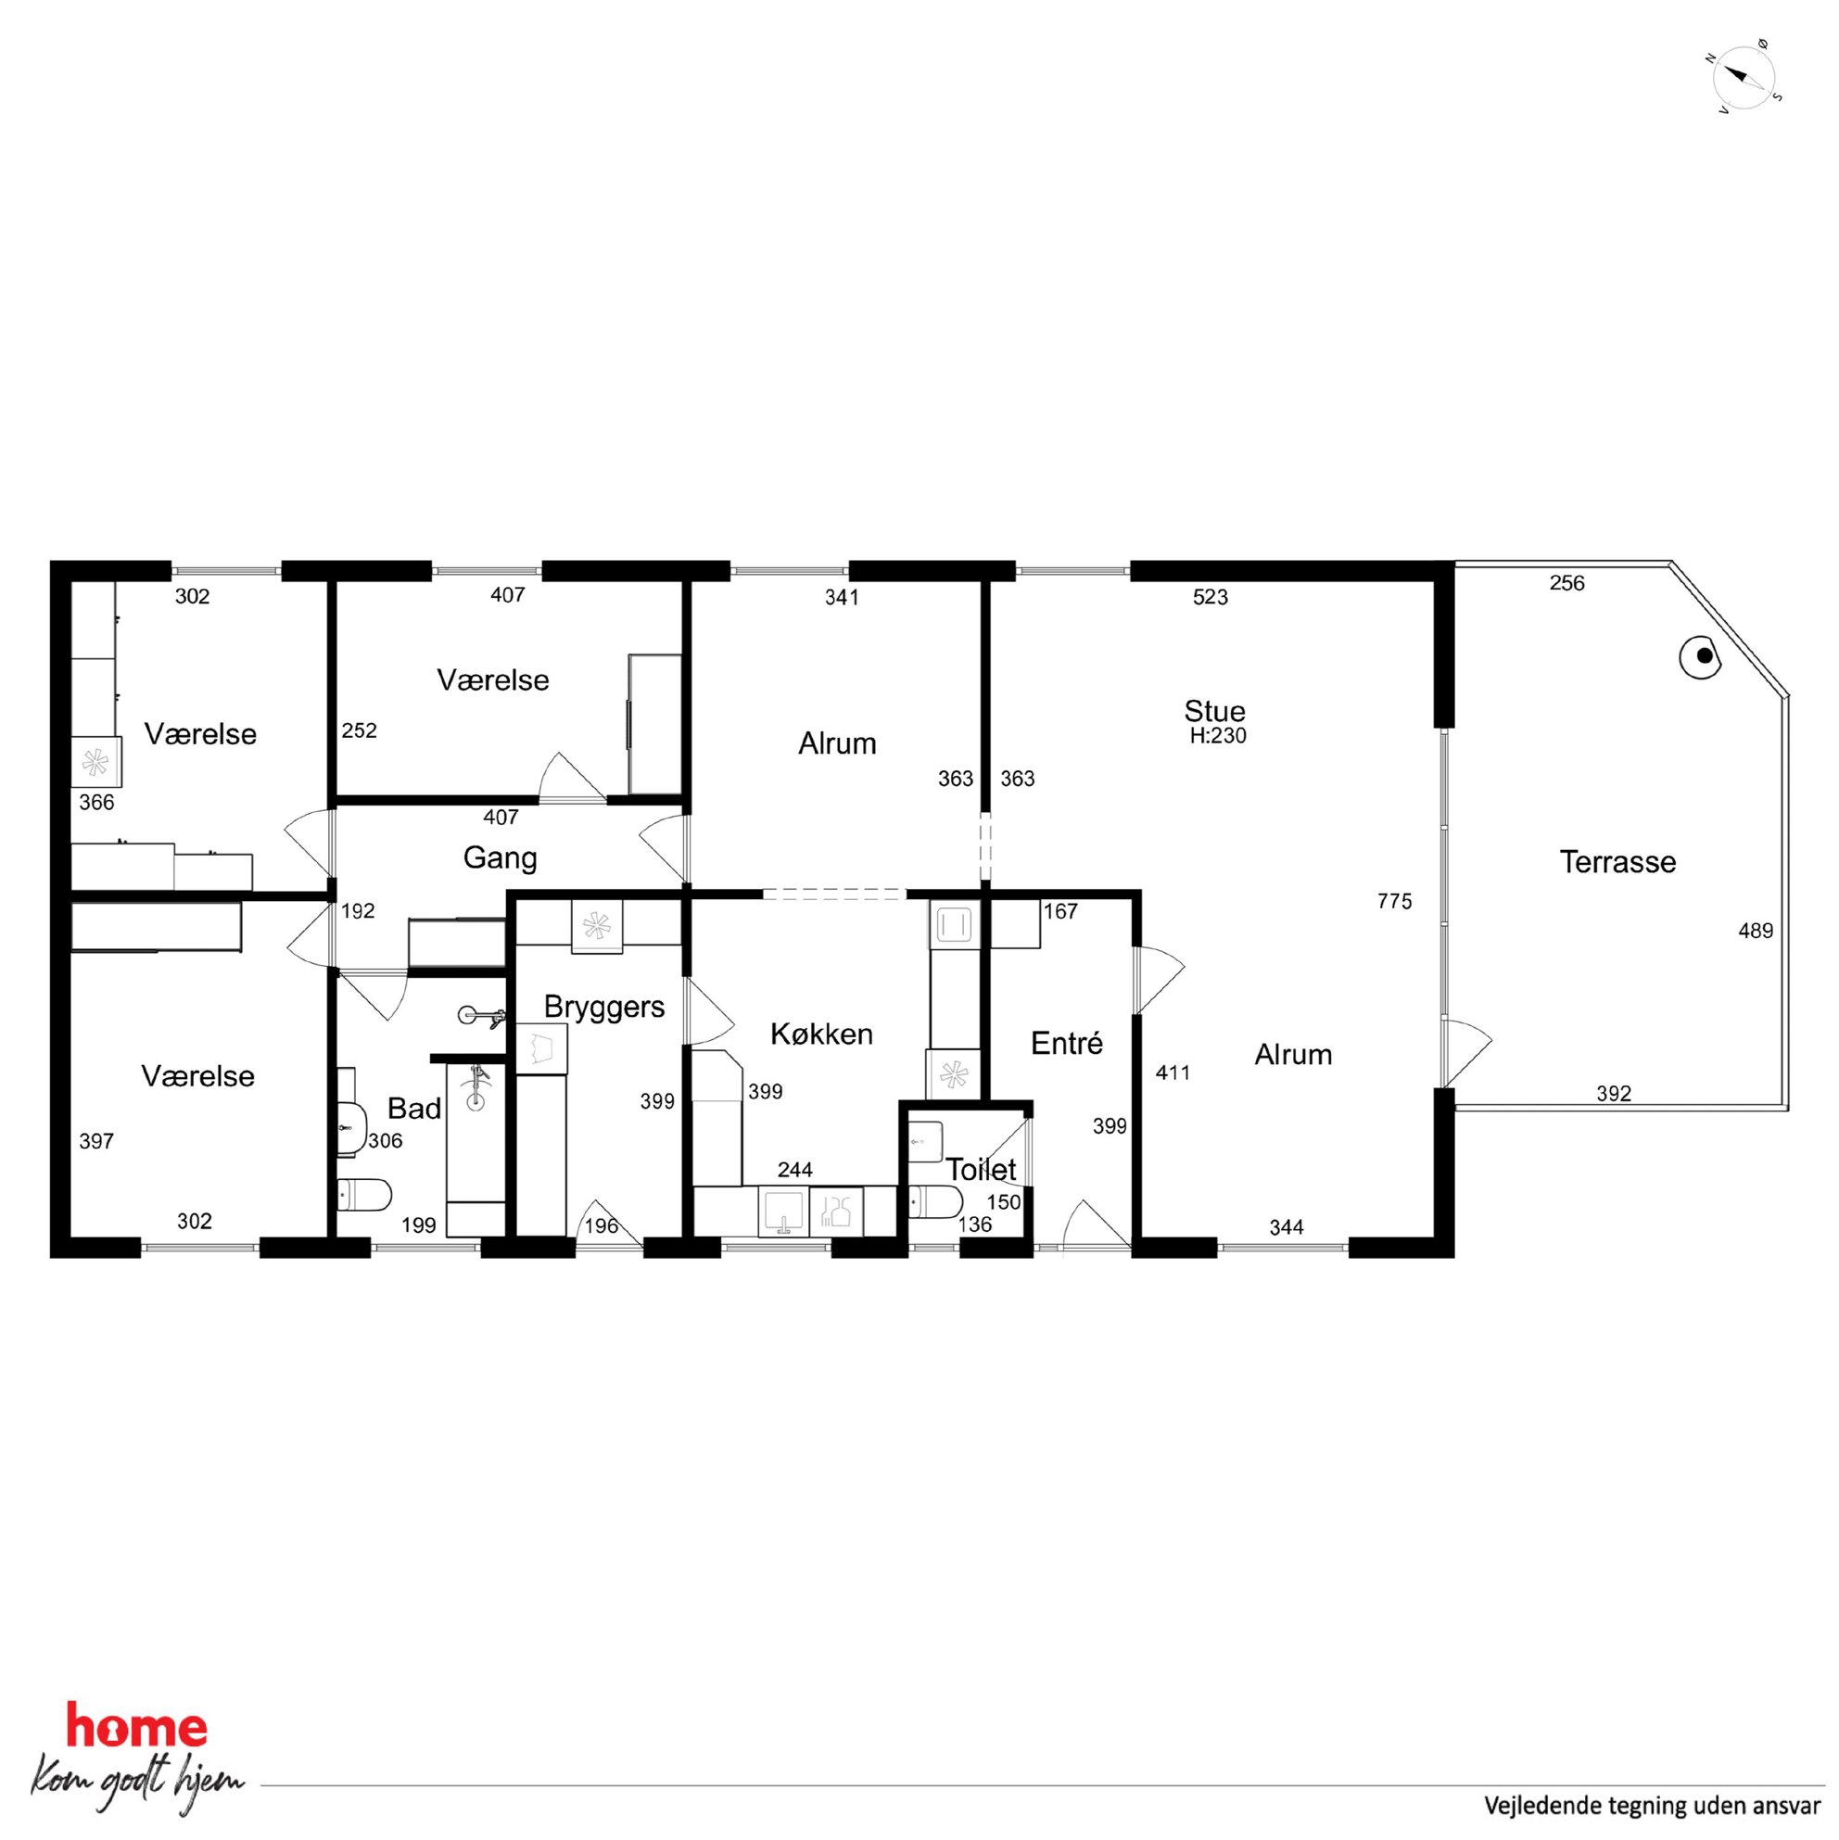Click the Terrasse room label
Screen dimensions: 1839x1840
point(1617,862)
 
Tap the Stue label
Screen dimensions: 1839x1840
point(1214,710)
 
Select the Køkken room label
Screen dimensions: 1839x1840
point(821,1034)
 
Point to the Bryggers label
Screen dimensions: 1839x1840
point(603,1008)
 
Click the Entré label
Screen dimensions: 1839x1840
point(1067,1044)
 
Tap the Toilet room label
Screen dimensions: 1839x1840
point(981,1170)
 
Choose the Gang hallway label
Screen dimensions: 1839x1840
point(500,859)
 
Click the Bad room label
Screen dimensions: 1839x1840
point(414,1109)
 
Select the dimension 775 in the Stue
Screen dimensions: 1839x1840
point(1394,901)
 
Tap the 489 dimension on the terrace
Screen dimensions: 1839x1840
point(1756,931)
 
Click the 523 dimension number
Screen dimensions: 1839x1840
point(1211,597)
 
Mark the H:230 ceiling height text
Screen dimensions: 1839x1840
point(1217,735)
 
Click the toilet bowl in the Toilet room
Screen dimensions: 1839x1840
point(936,1203)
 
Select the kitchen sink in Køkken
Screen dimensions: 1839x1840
point(783,1212)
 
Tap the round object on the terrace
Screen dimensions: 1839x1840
point(1701,657)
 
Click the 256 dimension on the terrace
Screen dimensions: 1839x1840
point(1566,583)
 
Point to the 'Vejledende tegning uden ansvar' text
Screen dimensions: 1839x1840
point(1652,1805)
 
